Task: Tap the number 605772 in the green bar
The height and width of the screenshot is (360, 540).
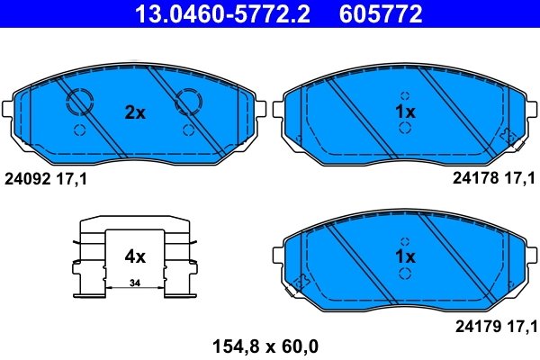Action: click(381, 13)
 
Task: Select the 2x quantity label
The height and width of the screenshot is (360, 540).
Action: click(134, 113)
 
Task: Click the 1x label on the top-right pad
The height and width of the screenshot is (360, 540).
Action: click(405, 112)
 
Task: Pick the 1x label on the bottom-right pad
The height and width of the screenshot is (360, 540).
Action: click(405, 257)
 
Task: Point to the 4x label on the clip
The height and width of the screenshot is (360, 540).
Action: click(134, 256)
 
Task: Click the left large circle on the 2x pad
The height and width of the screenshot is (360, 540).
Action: click(78, 102)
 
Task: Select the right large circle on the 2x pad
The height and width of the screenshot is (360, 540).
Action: click(190, 102)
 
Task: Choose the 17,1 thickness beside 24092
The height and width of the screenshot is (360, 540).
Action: click(73, 180)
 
